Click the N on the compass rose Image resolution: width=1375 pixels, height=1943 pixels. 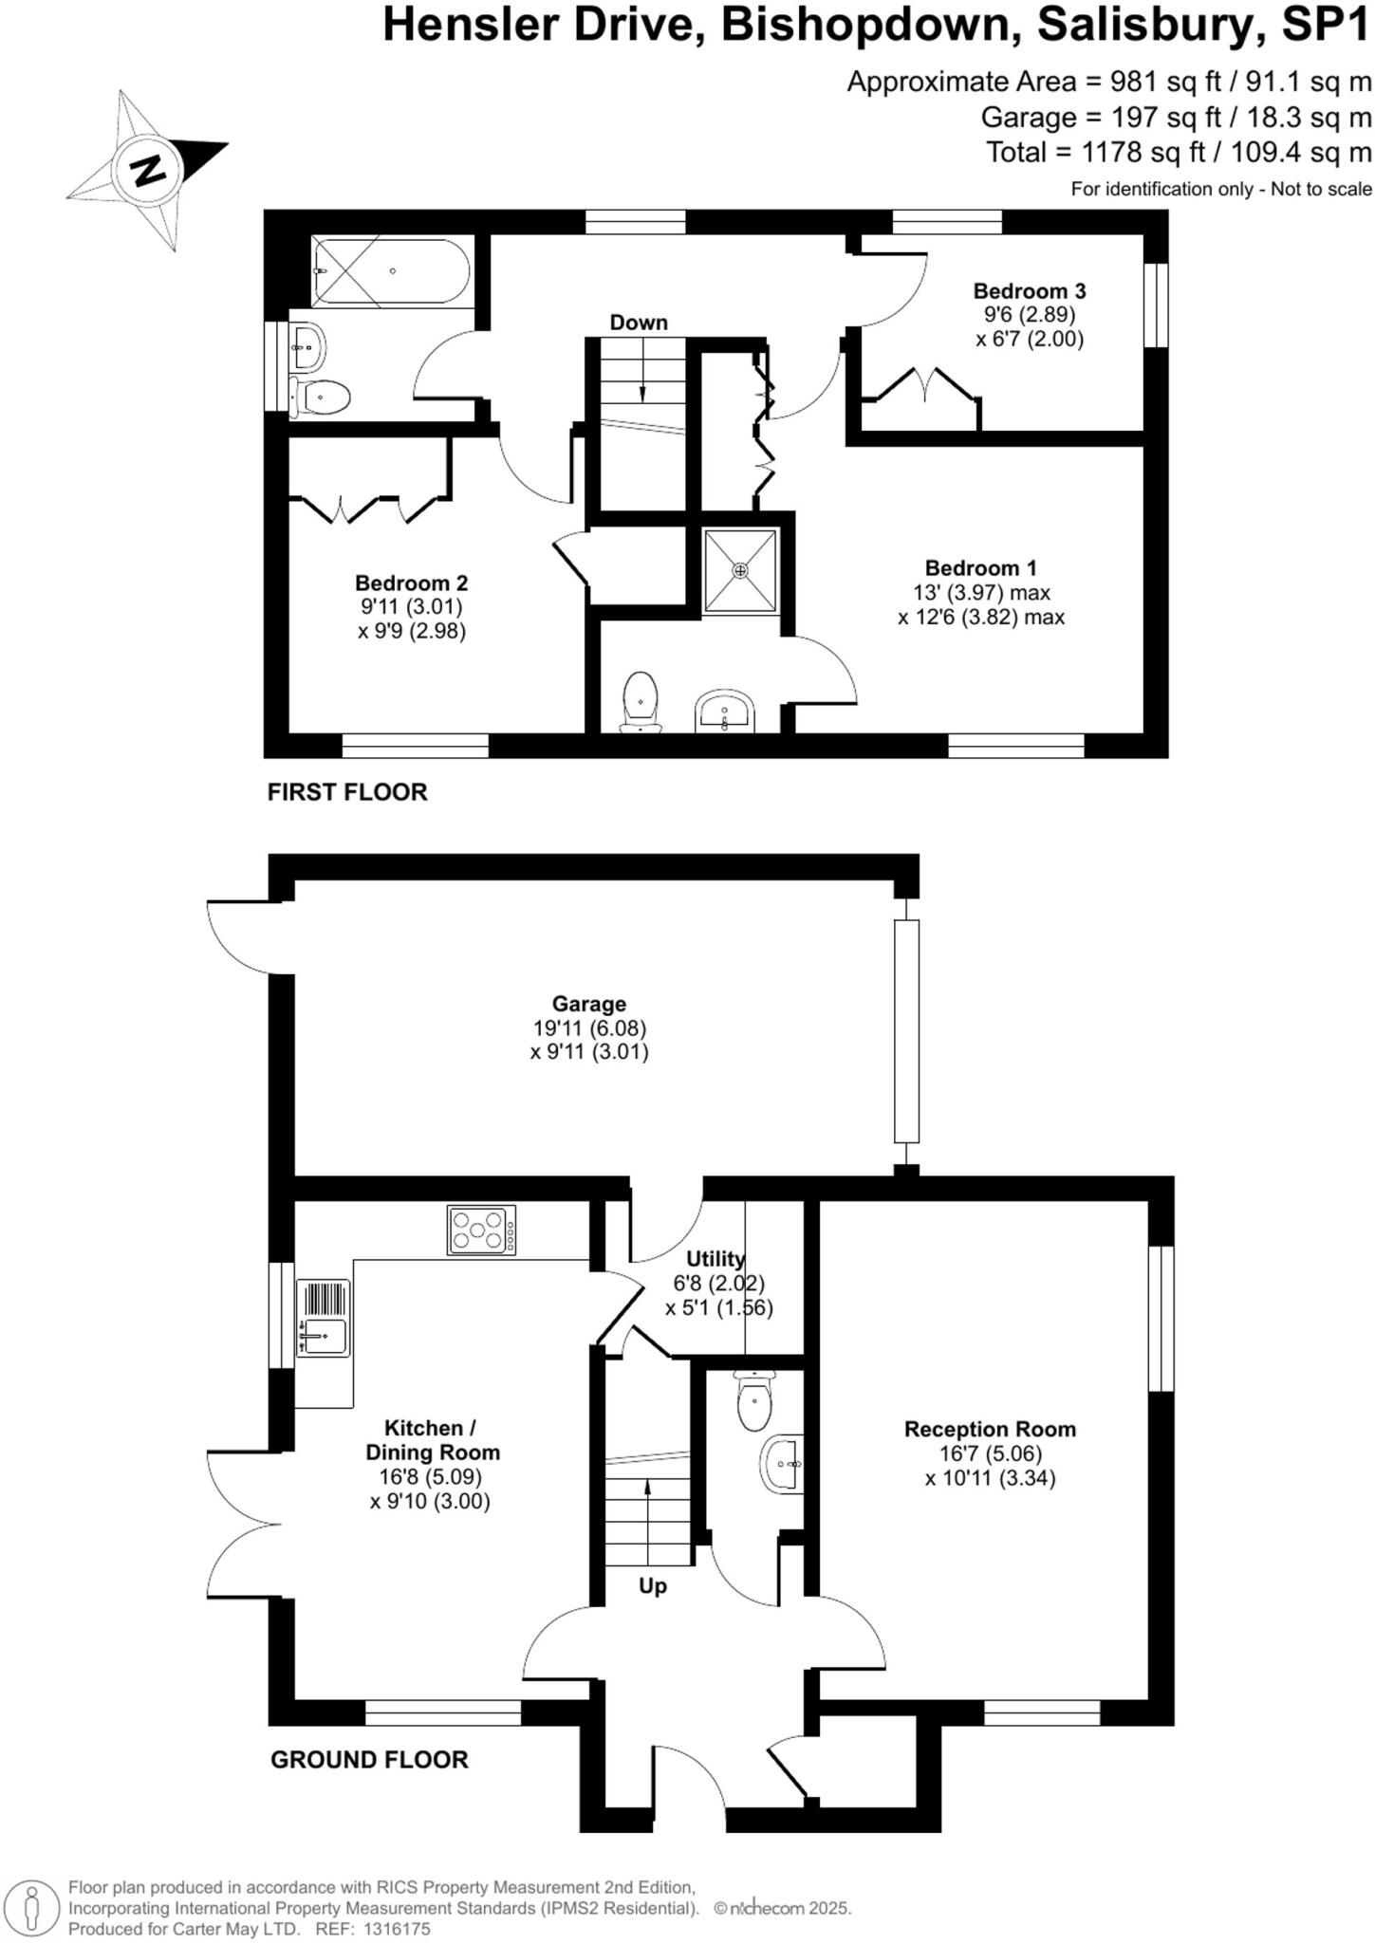[147, 171]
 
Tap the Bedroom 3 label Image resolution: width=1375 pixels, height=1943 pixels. [1029, 291]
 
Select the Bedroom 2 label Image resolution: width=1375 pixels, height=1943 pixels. [411, 583]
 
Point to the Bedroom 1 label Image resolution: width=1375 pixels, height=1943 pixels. [980, 568]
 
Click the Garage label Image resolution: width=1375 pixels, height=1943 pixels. [589, 1004]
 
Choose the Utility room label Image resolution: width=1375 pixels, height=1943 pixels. [715, 1259]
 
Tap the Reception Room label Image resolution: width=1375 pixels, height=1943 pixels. [990, 1429]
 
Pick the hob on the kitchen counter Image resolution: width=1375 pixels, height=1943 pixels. [482, 1230]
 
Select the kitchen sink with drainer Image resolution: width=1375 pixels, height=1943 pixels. [324, 1318]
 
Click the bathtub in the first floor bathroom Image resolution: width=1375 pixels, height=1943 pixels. [390, 271]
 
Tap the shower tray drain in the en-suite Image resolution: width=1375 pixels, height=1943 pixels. [740, 570]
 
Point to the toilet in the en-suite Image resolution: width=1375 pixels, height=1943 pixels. [641, 702]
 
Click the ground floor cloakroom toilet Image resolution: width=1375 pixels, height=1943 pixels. [753, 1401]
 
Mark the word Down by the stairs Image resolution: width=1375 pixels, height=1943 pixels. [639, 323]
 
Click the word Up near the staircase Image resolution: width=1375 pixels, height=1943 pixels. [653, 1586]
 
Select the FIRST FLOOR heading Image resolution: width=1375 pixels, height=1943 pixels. [347, 792]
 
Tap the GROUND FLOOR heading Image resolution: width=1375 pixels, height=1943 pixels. [369, 1760]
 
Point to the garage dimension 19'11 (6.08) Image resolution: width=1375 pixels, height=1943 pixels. [589, 1027]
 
